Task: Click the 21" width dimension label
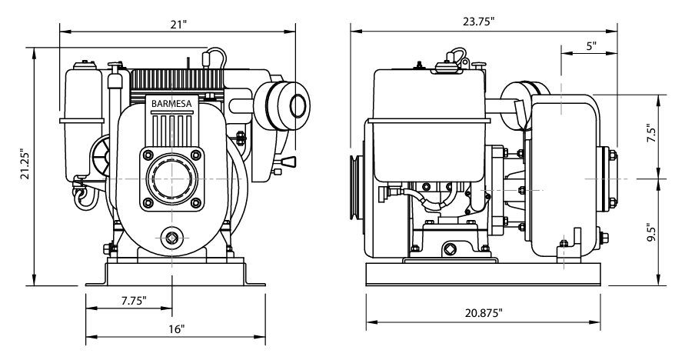179,24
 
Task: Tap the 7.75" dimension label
135,300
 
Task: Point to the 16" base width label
176,328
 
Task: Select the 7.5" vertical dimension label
651,135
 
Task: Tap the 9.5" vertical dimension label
651,232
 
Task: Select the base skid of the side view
481,274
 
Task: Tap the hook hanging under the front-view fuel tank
81,198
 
